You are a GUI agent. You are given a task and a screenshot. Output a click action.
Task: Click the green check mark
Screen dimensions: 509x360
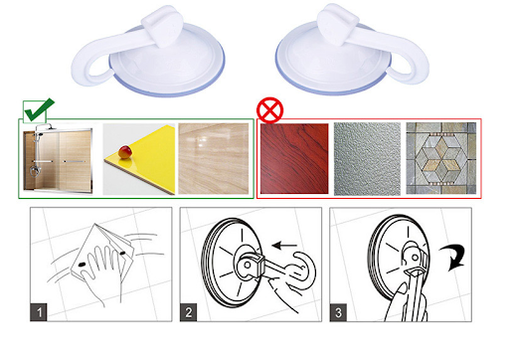(x=38, y=111)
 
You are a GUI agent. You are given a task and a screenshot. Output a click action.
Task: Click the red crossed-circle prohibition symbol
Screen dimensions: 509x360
(x=270, y=110)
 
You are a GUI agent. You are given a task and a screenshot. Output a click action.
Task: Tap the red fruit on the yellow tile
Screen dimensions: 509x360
(x=125, y=152)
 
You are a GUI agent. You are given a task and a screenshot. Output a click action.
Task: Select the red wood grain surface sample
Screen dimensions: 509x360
(x=294, y=158)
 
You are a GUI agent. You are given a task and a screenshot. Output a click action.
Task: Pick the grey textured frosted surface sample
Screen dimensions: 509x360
(x=367, y=159)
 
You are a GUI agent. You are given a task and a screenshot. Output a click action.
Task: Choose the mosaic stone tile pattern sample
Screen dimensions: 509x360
(x=441, y=158)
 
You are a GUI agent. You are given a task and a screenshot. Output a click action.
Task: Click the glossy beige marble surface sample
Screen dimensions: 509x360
(x=214, y=158)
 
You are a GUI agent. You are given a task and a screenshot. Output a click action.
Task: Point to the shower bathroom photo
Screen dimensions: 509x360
(x=58, y=159)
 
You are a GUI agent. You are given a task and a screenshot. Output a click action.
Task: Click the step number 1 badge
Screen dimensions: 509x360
(x=39, y=312)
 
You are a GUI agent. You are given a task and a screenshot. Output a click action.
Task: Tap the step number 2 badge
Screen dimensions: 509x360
(x=188, y=312)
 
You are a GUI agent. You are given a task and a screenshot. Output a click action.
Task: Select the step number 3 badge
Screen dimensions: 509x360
(x=338, y=312)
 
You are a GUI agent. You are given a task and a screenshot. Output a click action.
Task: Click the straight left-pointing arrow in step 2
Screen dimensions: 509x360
(x=284, y=246)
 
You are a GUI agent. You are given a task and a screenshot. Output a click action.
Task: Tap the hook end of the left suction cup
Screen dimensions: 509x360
(x=86, y=68)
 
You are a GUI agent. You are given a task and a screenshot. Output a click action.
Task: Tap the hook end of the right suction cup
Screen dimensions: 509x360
(x=411, y=67)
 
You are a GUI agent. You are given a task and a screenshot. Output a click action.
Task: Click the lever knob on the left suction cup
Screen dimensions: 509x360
(x=163, y=25)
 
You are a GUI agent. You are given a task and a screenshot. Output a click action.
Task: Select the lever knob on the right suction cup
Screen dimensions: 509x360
(x=337, y=24)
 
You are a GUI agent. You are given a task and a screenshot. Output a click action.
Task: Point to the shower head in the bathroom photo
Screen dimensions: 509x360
(x=41, y=134)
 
